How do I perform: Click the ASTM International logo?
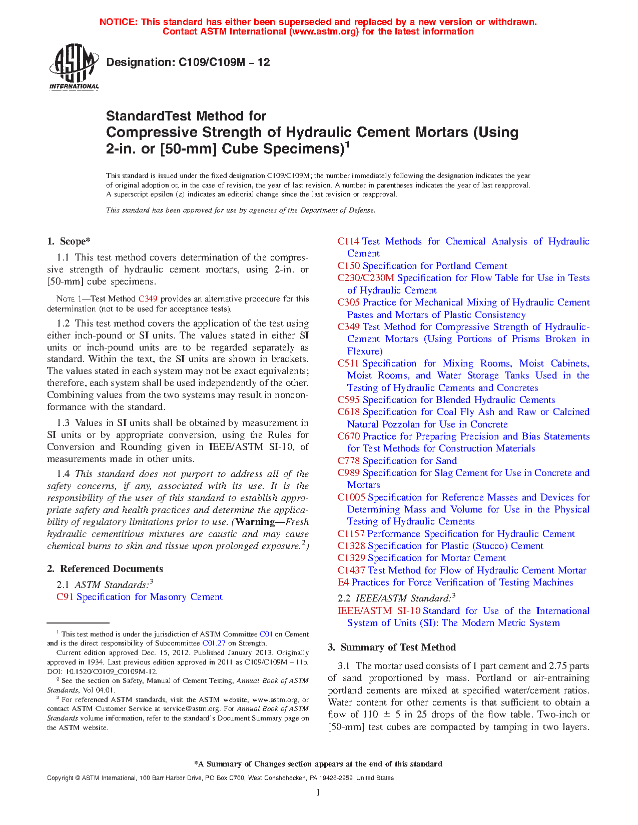point(74,66)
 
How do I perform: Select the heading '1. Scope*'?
point(69,241)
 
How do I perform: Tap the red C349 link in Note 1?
point(148,299)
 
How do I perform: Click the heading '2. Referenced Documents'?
point(105,569)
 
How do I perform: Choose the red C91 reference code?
point(65,597)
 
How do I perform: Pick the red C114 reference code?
point(348,241)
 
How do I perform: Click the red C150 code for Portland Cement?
point(348,266)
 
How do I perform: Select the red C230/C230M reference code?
point(366,278)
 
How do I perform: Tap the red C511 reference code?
point(348,363)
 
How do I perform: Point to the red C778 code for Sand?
point(348,461)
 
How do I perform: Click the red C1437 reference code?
point(351,570)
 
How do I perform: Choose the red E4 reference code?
point(343,582)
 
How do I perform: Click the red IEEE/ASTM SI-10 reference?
point(379,611)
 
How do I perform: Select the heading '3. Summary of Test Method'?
point(392,647)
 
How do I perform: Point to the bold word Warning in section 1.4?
point(255,522)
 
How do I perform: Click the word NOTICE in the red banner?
point(118,22)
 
